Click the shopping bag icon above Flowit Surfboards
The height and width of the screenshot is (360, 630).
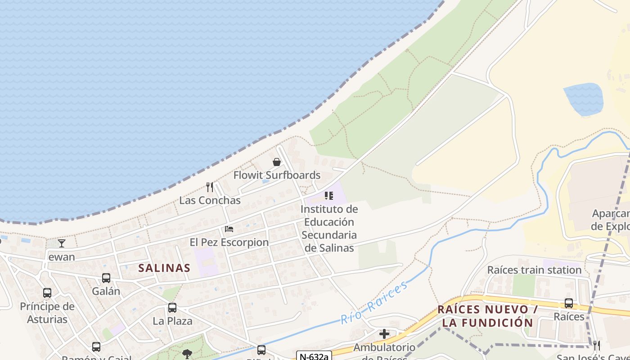coord(277,162)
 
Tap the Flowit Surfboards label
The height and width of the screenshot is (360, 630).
coord(277,175)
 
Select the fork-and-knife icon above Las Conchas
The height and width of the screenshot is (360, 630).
coord(210,187)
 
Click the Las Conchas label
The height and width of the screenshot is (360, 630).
coord(210,200)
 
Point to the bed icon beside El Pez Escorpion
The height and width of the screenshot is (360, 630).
coord(229,229)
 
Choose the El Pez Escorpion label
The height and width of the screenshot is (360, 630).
coord(229,242)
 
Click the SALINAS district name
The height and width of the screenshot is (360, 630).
coord(164,268)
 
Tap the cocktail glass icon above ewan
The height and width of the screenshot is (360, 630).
coord(62,243)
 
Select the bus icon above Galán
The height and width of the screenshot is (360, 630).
coord(106,278)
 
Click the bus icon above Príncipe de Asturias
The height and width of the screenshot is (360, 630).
coord(47,293)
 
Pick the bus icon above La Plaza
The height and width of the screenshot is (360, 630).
coord(172,308)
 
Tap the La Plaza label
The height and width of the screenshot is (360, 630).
coord(172,321)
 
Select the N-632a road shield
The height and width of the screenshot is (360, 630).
coord(314,356)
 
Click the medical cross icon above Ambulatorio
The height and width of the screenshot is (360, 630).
coord(384,334)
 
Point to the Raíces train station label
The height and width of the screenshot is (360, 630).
coord(535,270)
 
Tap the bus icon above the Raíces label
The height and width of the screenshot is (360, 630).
coord(569,303)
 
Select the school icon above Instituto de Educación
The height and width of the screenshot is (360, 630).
coord(329,196)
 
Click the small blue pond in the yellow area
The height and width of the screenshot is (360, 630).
coord(583,99)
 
